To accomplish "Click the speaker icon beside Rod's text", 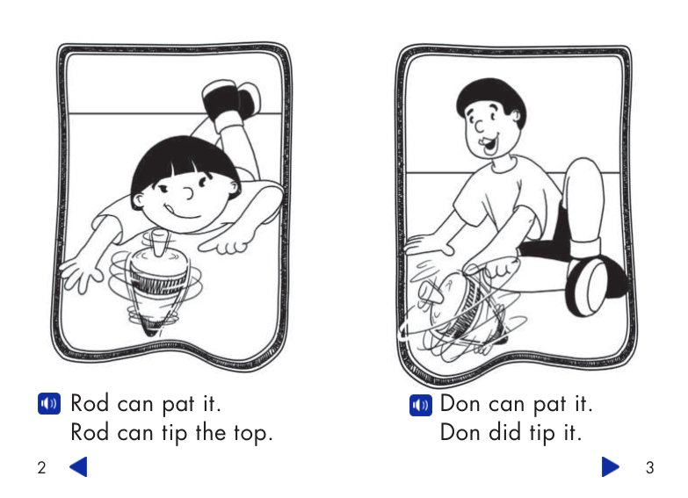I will [x=47, y=404].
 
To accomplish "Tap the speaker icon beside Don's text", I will [x=421, y=404].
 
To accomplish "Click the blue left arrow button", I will [x=78, y=467].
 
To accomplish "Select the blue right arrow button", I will [x=611, y=467].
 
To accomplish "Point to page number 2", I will [x=40, y=468].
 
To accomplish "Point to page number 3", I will [x=649, y=468].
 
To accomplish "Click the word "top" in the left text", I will [x=252, y=433].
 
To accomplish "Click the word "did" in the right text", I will [x=508, y=433].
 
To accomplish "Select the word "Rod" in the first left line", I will [x=89, y=404].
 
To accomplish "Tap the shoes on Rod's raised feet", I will [x=230, y=99].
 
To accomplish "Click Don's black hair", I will [x=489, y=95].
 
